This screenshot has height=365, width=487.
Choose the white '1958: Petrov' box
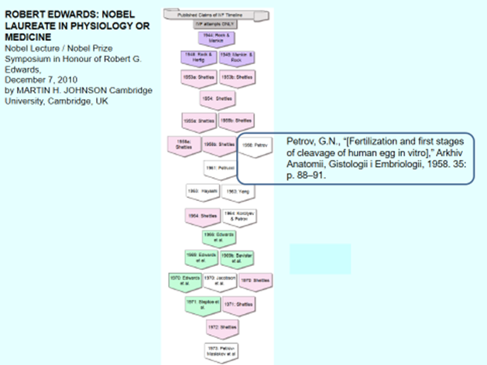(x=256, y=145)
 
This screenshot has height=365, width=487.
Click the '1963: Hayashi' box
(x=201, y=190)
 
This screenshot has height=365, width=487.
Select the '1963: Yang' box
(x=237, y=190)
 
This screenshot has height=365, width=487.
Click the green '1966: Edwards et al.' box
(x=218, y=237)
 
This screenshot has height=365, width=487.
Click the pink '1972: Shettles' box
(x=219, y=328)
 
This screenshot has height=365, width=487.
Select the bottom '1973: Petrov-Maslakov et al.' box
(x=219, y=350)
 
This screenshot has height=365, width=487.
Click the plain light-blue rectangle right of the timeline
(x=320, y=258)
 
